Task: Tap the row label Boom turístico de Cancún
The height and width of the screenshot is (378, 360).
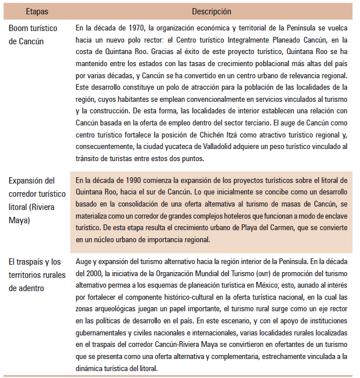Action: [35, 34]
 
